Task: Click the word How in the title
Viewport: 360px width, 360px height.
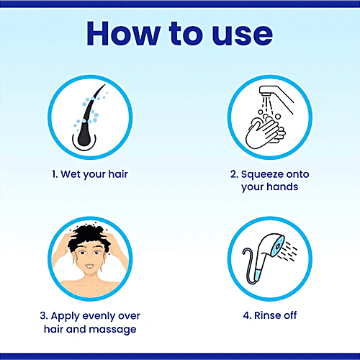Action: coord(123,33)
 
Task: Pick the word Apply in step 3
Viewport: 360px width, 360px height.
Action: coord(65,317)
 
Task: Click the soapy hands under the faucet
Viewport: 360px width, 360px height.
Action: coord(265,132)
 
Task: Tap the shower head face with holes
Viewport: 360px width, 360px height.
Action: coord(278,246)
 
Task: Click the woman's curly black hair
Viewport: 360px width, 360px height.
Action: coord(89,236)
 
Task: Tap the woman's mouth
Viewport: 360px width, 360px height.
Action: coord(89,266)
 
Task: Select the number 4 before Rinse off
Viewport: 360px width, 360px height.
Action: coord(247,315)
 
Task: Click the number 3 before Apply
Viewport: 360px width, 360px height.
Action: coord(43,316)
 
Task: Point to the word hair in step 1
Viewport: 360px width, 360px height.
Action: coord(118,174)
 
